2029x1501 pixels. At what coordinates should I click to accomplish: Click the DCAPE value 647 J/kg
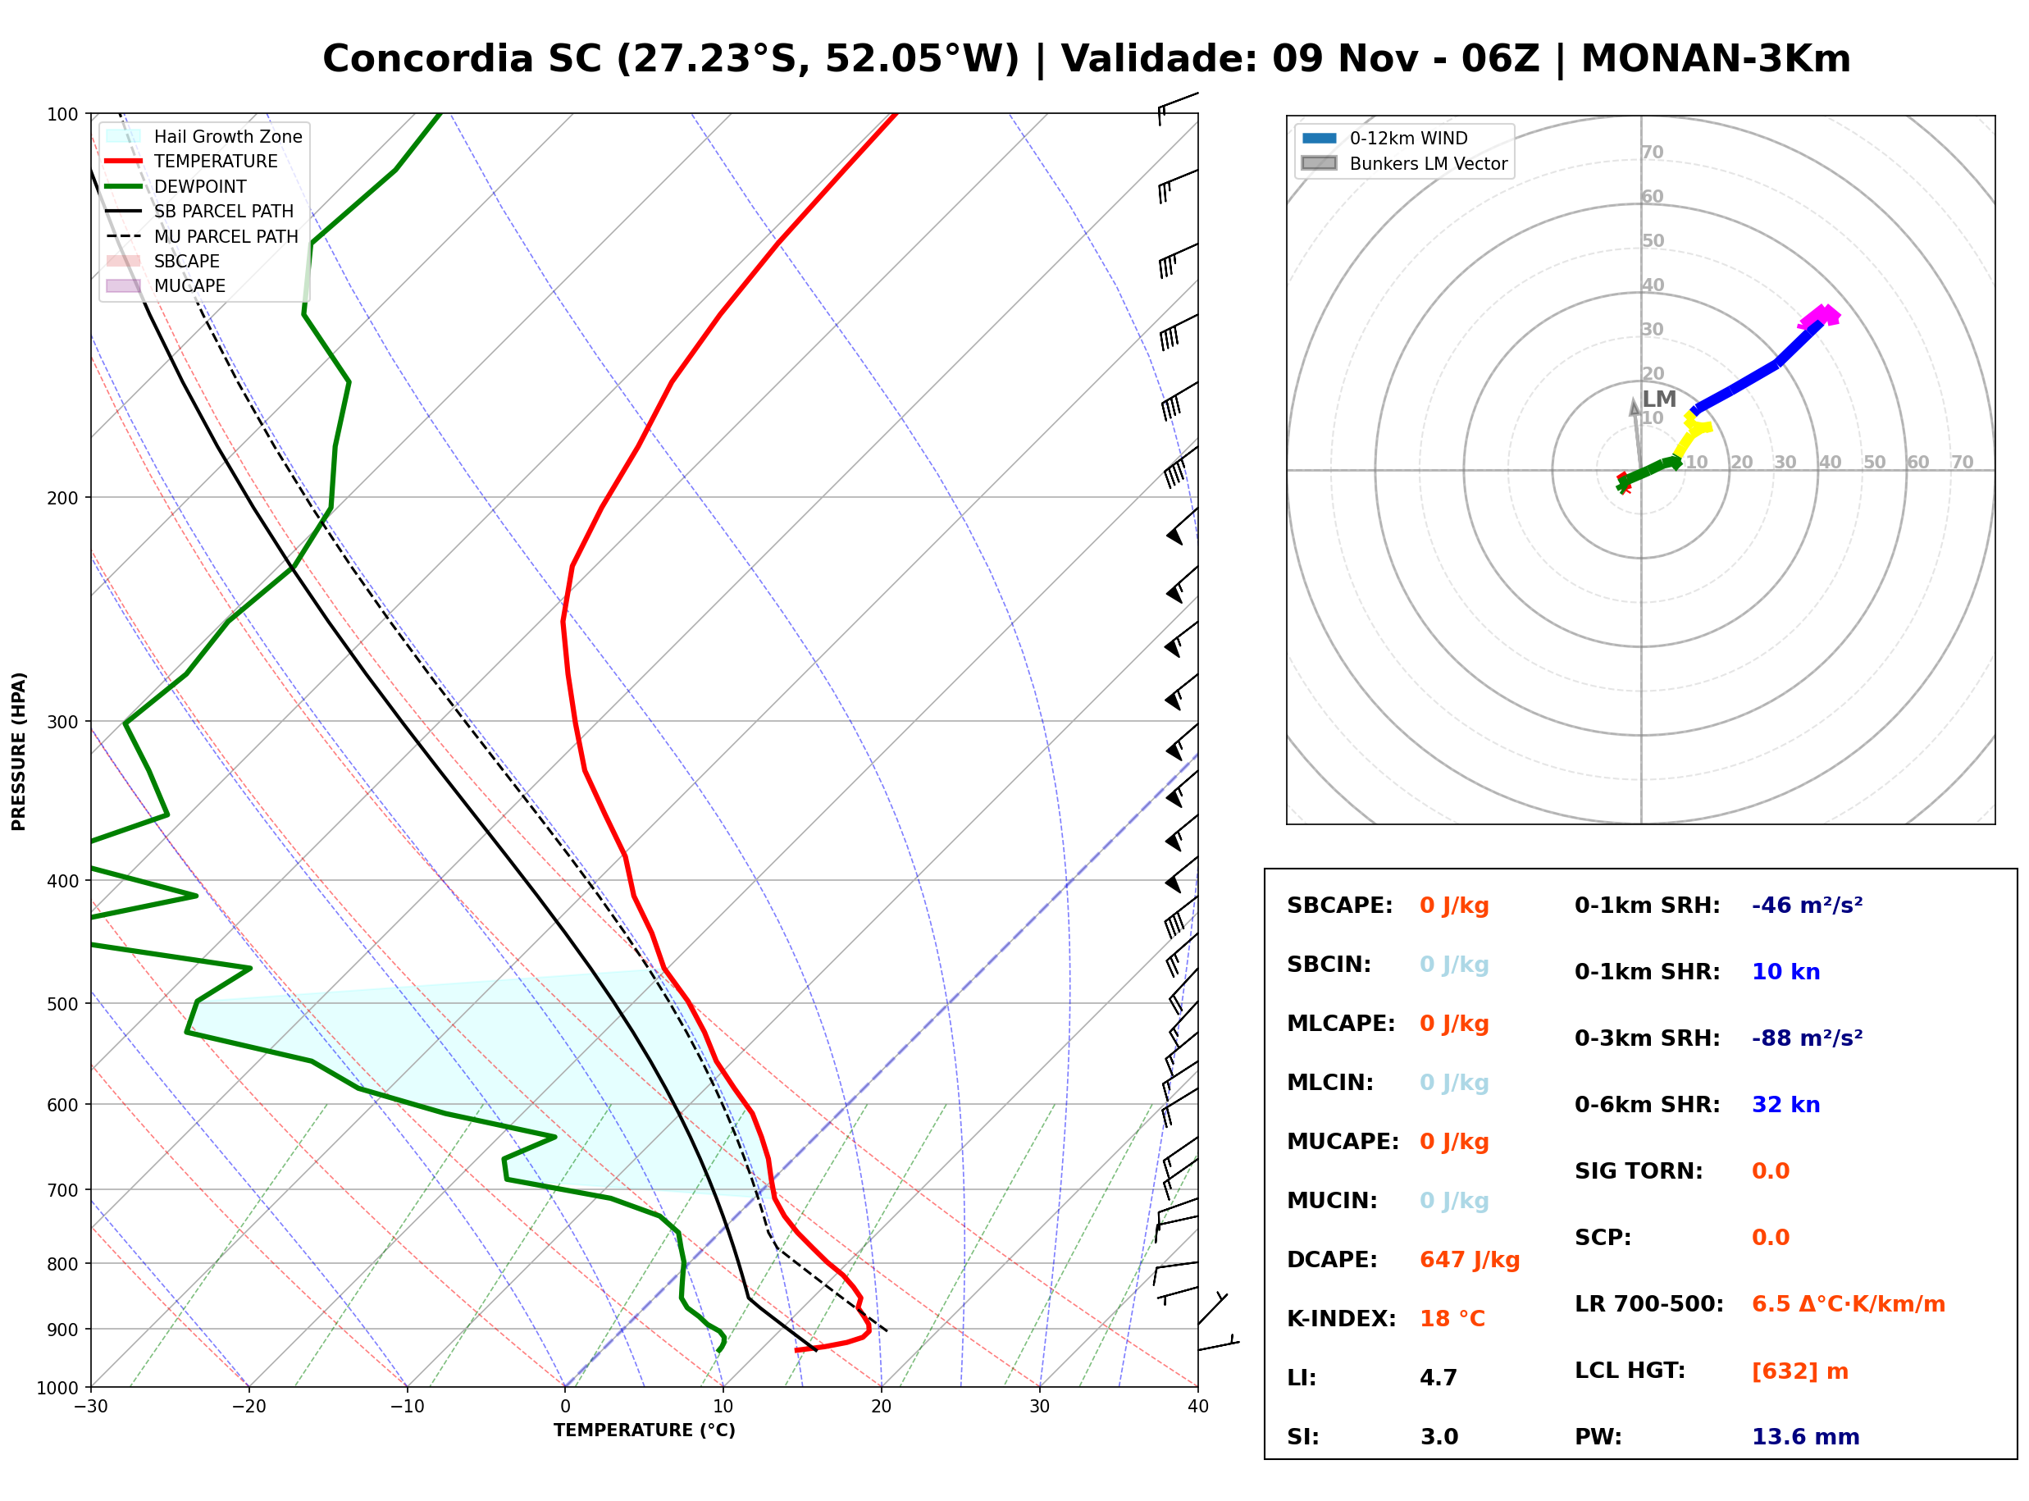[1469, 1260]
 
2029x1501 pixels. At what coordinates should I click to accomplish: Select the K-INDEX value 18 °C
[1452, 1319]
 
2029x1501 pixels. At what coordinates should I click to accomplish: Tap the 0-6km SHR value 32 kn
[1785, 1105]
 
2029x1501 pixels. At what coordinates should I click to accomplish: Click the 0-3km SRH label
[1647, 1038]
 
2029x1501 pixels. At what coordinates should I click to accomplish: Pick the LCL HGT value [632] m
[1800, 1371]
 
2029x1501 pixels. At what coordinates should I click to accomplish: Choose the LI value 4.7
[1439, 1378]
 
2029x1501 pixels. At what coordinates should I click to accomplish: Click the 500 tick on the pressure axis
[64, 1004]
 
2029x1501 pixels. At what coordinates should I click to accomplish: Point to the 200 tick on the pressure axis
[64, 498]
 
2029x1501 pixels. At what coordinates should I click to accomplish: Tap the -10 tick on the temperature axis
[406, 1407]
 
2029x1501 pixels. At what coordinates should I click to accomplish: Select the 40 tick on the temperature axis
[1197, 1407]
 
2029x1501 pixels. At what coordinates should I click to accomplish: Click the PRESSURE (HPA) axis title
[19, 751]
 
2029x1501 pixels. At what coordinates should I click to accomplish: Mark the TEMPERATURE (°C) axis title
[644, 1431]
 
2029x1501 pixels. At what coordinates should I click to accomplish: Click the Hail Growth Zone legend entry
[204, 137]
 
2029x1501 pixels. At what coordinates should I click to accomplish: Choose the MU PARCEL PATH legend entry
[203, 237]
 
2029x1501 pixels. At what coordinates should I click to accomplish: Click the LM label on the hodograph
[1659, 399]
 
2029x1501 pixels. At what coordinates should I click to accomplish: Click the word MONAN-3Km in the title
[1716, 59]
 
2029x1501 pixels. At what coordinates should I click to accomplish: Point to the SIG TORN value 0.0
[1770, 1171]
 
